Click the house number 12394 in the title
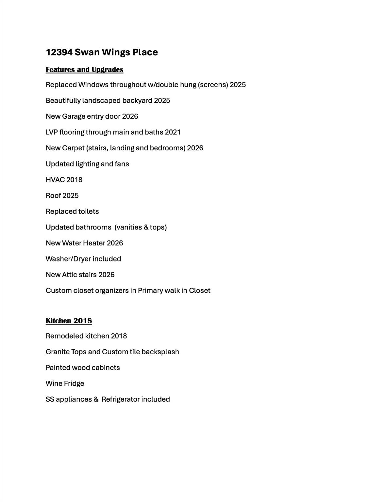point(59,52)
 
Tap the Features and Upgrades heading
point(84,70)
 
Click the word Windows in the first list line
point(93,85)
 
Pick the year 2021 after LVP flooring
point(173,132)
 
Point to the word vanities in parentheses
point(129,227)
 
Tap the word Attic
point(69,275)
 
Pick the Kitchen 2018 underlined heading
point(69,321)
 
